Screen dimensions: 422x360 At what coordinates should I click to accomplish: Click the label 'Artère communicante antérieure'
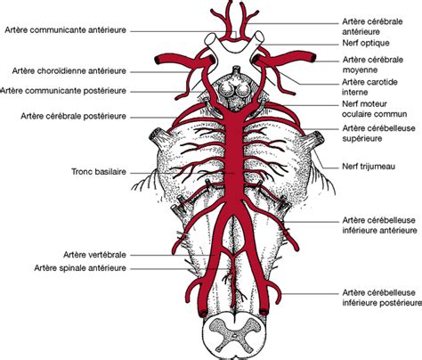tap(65, 30)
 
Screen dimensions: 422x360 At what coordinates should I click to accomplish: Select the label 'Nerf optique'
tap(366, 43)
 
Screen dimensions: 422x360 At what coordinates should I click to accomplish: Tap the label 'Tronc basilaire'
tap(99, 172)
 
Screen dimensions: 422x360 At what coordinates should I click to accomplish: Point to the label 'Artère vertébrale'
tap(94, 255)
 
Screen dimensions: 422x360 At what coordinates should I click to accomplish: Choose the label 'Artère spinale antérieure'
tap(80, 268)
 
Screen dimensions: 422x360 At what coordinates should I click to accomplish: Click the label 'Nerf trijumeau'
tap(369, 167)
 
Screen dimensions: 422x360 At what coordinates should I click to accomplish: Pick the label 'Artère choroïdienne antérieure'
tap(69, 71)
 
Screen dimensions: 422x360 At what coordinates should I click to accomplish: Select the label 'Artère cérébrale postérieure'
tap(73, 116)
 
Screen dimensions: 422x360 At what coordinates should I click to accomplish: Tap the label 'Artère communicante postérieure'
tap(63, 91)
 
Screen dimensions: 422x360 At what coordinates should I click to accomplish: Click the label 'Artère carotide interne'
tap(369, 87)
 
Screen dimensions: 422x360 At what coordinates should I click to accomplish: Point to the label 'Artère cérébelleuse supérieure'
tap(379, 134)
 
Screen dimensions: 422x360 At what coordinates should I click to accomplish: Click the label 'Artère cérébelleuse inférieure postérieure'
tap(382, 298)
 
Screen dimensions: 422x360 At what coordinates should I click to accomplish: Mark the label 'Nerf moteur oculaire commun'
tap(374, 109)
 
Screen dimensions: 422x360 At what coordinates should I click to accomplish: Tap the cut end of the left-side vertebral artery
tap(203, 313)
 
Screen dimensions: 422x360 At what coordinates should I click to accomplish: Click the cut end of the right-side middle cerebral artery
tap(312, 58)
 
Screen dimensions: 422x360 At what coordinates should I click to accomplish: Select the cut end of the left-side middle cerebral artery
tap(158, 60)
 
